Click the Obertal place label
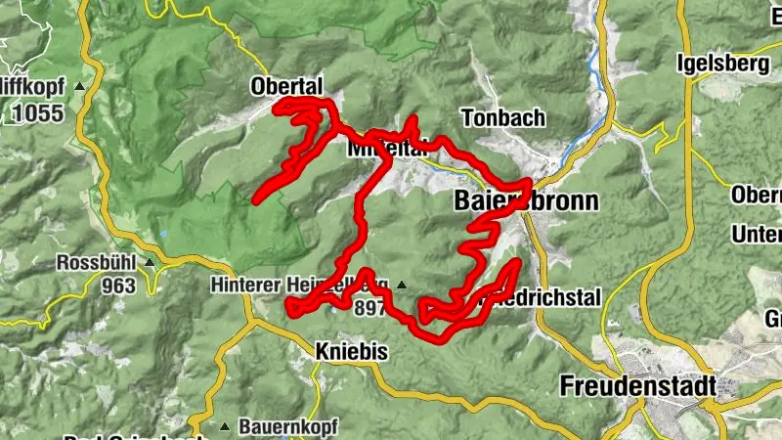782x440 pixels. pos(286,86)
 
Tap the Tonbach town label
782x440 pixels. pos(502,117)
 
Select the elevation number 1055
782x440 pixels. pos(37,112)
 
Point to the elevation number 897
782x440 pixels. pos(372,310)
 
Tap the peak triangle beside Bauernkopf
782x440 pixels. pos(227,427)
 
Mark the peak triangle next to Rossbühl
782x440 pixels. pos(149,263)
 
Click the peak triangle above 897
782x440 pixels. pos(402,286)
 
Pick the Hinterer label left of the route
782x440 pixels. pos(244,286)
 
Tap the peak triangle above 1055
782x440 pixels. pos(79,86)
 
